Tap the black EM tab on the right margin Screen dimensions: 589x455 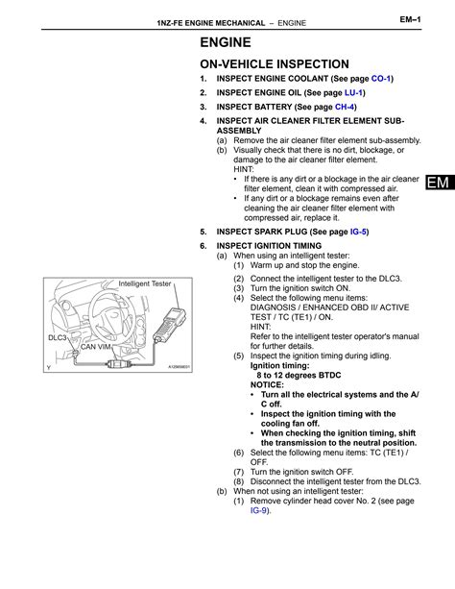(x=438, y=183)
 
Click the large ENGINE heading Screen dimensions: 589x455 (x=226, y=42)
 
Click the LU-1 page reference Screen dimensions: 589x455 (x=353, y=92)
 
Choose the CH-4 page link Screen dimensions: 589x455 (x=345, y=107)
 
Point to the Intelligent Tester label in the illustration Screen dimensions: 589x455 (x=144, y=284)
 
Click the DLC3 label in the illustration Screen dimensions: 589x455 (x=58, y=338)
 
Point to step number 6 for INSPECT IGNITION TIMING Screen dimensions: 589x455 (x=204, y=246)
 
